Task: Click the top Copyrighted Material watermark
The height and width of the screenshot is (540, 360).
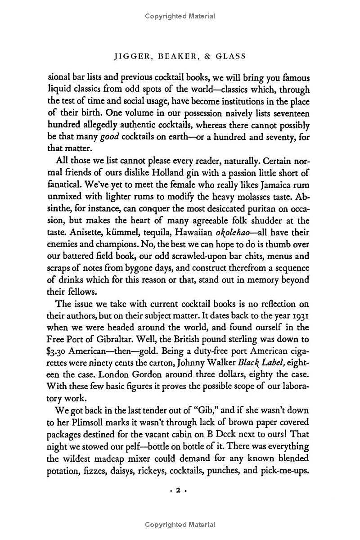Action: pos(180,17)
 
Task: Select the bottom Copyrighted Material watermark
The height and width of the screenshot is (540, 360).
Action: pos(180,525)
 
